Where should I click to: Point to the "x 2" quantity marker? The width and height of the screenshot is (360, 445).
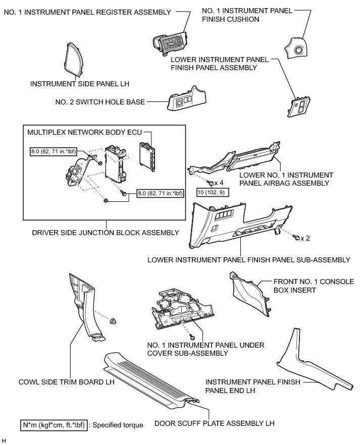tap(304, 237)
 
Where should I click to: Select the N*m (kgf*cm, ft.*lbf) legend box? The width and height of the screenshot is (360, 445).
tap(54, 425)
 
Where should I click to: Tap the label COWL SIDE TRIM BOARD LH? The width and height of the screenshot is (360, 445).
tap(66, 382)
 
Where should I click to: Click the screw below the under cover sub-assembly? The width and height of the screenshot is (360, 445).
tap(192, 336)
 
